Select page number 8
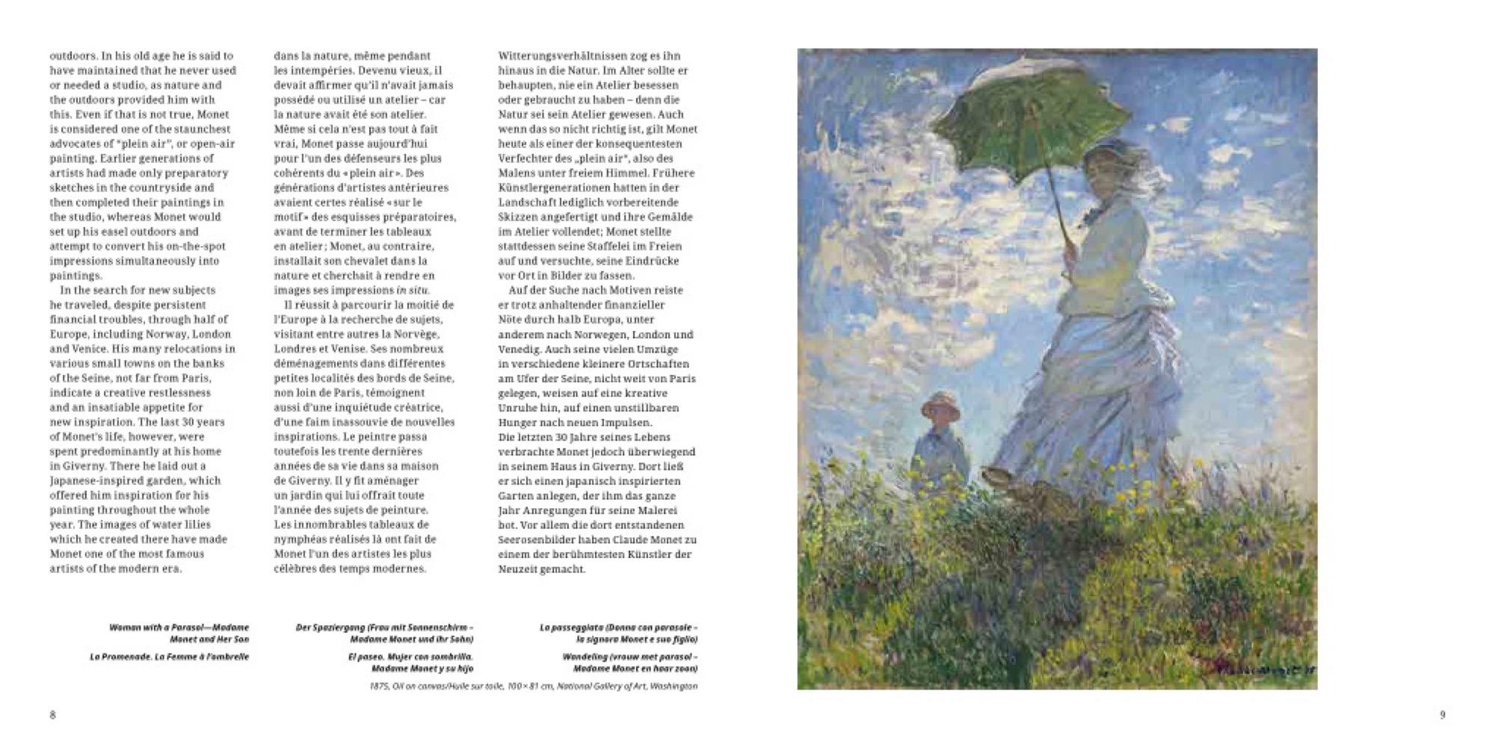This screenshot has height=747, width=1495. tap(52, 715)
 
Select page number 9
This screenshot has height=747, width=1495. tap(1443, 715)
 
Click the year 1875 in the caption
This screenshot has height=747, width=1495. tap(380, 686)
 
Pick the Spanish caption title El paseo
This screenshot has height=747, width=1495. tap(364, 657)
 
